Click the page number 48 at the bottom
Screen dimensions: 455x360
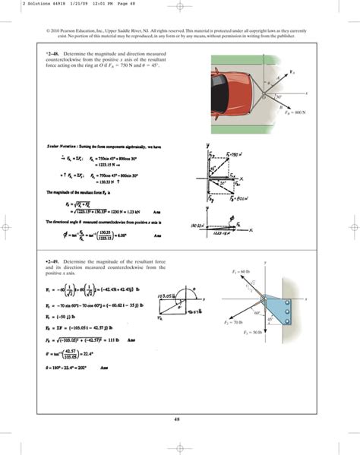(x=180, y=418)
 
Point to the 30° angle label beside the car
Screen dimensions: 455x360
(x=280, y=97)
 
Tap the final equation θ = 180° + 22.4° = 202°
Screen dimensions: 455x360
(x=74, y=368)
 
